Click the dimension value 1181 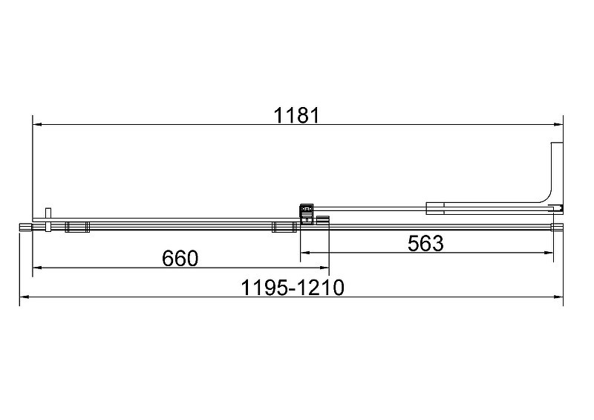(297, 115)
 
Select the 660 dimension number (180, 259)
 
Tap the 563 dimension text (425, 243)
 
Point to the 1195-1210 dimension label (293, 288)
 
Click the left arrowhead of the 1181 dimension (38, 124)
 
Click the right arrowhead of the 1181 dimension (558, 124)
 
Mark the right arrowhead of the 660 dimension (324, 268)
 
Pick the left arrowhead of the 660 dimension (38, 268)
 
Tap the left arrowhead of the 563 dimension (305, 252)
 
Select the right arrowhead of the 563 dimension (549, 252)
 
